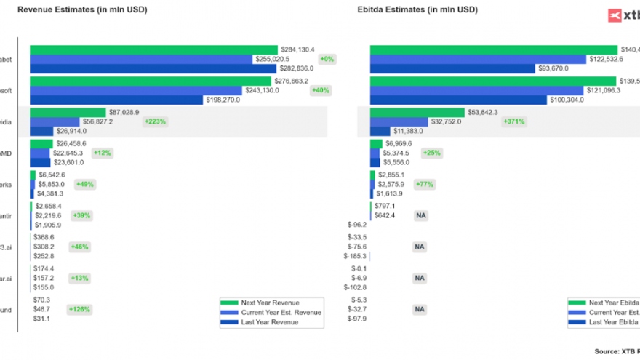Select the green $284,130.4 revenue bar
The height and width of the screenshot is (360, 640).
[153, 49]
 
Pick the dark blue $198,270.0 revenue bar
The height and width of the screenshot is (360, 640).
[116, 100]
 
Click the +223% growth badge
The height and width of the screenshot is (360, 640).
[155, 121]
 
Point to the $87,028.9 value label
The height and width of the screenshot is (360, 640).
[122, 112]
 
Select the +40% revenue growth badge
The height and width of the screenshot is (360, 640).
[320, 90]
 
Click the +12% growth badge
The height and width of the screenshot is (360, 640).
[102, 153]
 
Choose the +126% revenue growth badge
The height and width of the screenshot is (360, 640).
[80, 309]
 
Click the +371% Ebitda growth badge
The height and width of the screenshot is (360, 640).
[513, 121]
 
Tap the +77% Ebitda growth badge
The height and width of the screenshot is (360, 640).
[424, 184]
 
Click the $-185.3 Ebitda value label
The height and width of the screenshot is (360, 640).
[356, 256]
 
